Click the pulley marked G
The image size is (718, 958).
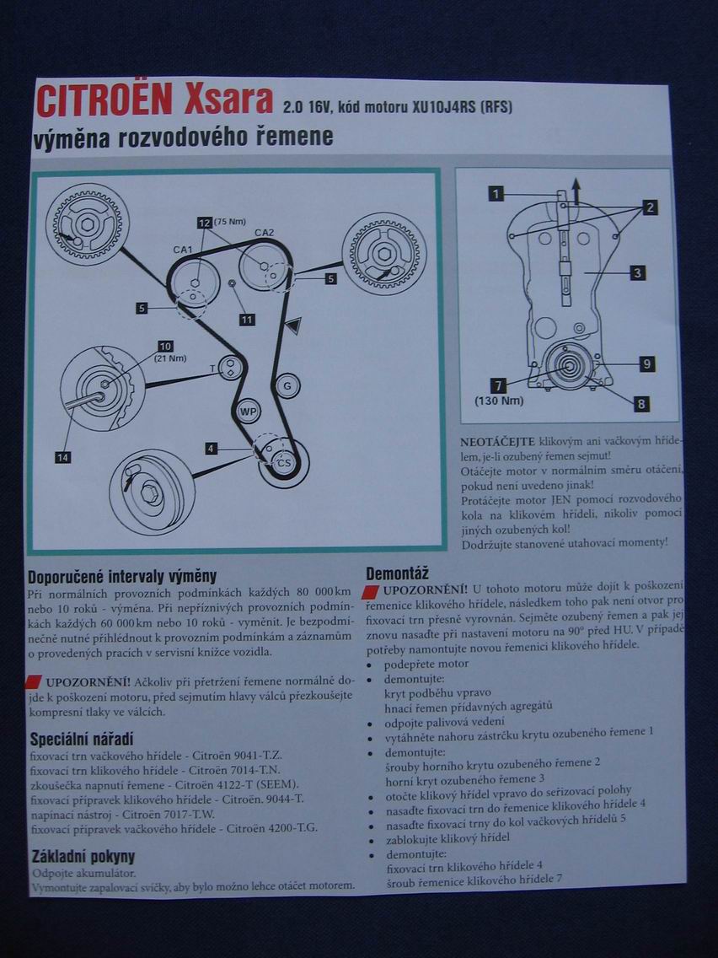[x=287, y=385]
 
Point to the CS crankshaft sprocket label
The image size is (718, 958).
[x=285, y=463]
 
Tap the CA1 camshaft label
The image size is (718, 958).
[x=184, y=250]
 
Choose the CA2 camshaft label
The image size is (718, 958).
[x=265, y=233]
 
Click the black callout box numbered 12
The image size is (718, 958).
[x=204, y=223]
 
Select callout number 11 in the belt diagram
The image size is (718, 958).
[x=246, y=320]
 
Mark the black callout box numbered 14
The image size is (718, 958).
[x=63, y=457]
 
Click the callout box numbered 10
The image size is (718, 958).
[x=164, y=347]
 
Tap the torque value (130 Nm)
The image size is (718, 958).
[x=499, y=401]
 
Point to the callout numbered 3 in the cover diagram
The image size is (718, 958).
[x=638, y=272]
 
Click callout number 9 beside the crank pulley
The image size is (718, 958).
[x=646, y=364]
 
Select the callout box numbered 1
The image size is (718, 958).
[x=496, y=194]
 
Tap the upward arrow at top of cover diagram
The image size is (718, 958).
[x=576, y=190]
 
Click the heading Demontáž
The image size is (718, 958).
[x=399, y=571]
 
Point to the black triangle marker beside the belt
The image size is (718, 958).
[x=292, y=326]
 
